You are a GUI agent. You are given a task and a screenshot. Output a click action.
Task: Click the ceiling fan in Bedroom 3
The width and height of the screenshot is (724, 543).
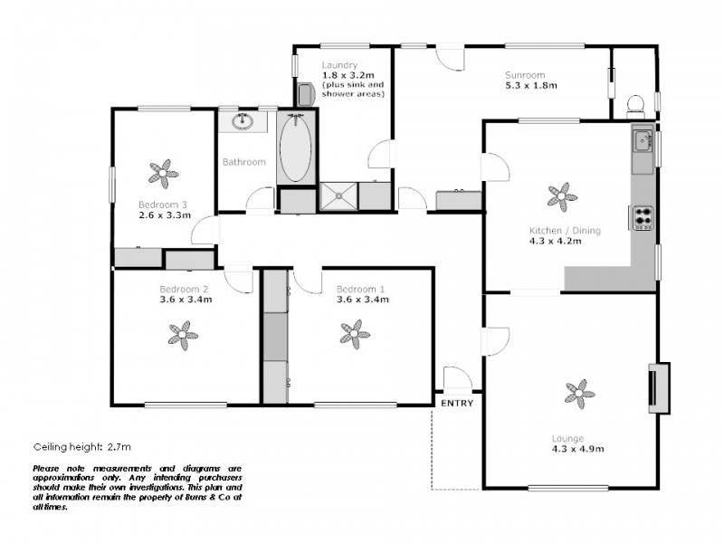164,170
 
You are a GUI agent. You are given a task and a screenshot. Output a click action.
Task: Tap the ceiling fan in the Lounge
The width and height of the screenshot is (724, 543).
580,392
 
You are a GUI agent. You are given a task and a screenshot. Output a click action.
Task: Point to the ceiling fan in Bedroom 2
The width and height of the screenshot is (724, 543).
184,335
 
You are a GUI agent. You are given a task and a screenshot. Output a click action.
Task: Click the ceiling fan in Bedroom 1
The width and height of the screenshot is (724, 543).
355,334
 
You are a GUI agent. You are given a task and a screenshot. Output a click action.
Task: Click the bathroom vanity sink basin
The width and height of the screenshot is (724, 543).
243,121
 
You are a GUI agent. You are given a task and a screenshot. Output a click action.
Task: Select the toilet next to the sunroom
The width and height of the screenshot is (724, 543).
637,105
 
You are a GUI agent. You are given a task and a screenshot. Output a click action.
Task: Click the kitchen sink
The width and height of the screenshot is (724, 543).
643,140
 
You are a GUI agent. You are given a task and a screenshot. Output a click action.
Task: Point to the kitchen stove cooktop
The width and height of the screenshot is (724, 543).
643,217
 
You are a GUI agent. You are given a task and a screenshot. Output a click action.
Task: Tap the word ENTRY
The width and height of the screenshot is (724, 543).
457,404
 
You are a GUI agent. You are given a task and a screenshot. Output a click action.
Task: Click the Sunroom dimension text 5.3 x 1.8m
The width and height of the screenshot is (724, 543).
531,86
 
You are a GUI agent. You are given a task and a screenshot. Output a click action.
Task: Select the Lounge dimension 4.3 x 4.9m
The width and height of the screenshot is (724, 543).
578,448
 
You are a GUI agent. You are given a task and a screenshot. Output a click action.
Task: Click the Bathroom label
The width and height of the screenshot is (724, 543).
244,162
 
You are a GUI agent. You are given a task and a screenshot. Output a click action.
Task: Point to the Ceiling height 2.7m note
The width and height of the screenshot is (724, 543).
82,447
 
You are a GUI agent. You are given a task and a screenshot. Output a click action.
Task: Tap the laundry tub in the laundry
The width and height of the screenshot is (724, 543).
306,93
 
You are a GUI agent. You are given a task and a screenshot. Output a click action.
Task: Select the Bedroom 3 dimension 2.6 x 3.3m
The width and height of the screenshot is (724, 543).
165,215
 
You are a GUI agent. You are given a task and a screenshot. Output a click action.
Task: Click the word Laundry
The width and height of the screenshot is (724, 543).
340,65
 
